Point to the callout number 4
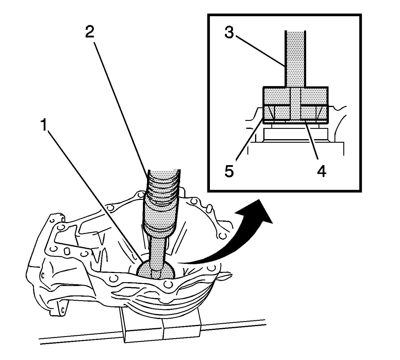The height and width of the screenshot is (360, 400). click(x=321, y=171)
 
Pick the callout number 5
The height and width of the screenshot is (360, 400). click(x=229, y=171)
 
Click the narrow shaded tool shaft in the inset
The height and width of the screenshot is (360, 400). click(x=295, y=59)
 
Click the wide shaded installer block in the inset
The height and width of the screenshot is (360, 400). click(x=295, y=105)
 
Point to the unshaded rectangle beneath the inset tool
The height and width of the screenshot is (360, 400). click(x=295, y=134)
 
